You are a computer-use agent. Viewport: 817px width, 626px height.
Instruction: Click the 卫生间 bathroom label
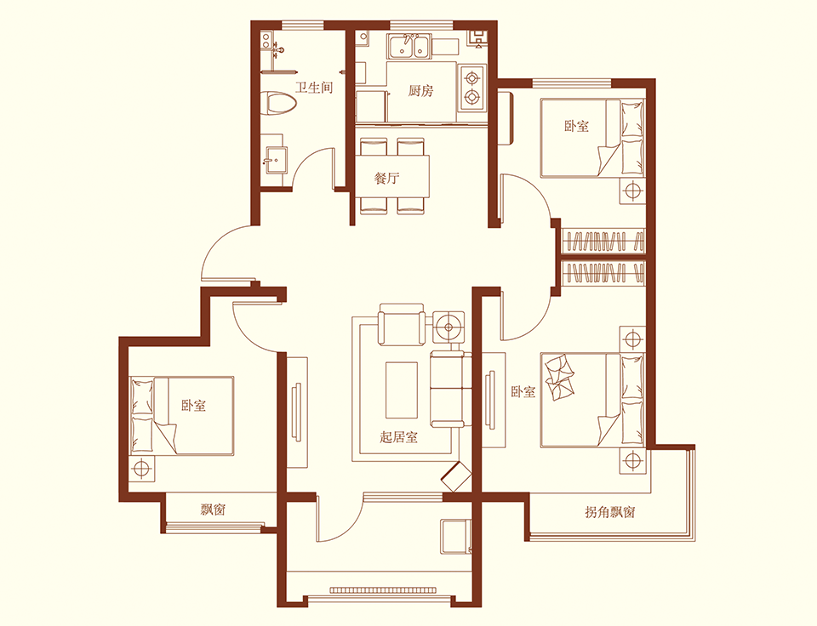click(314, 87)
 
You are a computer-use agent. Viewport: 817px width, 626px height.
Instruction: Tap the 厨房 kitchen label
click(420, 91)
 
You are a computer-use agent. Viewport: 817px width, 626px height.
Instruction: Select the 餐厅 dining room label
click(387, 178)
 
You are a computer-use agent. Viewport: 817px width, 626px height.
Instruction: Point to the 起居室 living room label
click(398, 436)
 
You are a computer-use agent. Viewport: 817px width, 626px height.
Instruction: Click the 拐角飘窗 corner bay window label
click(609, 512)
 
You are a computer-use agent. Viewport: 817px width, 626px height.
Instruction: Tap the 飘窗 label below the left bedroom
click(213, 509)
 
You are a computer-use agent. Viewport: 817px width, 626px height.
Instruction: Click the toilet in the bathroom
click(280, 104)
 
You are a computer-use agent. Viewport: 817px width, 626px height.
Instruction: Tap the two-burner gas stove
click(472, 88)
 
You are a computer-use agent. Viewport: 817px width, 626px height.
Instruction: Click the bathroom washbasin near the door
click(275, 160)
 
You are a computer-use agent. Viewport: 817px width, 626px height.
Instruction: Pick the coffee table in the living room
click(401, 390)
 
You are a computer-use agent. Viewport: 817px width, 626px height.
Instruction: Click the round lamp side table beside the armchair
click(448, 327)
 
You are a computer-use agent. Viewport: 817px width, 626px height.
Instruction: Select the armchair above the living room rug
click(401, 324)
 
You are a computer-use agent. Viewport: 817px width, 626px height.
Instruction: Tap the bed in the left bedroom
click(181, 416)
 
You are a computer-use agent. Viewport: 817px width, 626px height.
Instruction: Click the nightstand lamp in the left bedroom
click(142, 468)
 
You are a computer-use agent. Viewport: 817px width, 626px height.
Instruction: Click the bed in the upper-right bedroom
click(592, 138)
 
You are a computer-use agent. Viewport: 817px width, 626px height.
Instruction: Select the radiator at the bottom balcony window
click(385, 590)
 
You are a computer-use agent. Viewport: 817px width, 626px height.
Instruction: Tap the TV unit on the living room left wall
click(297, 411)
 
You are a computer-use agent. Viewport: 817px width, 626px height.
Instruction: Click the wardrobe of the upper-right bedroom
click(603, 242)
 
